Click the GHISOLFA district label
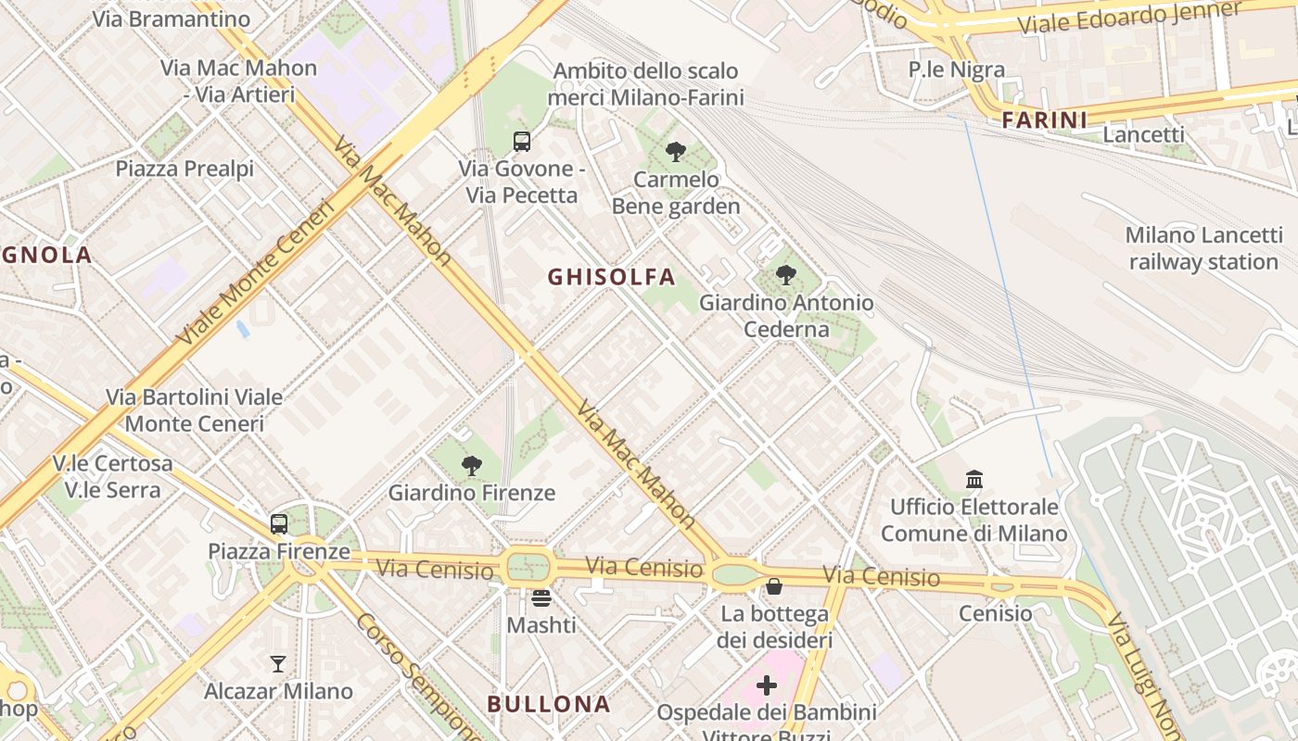click(x=611, y=277)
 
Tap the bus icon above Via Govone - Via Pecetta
click(x=522, y=142)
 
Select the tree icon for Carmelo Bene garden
click(x=676, y=151)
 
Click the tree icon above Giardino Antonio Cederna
click(x=786, y=275)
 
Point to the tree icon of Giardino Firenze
click(x=472, y=465)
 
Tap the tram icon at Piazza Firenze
click(x=279, y=524)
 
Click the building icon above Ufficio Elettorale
click(x=974, y=480)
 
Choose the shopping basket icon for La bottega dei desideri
click(x=774, y=586)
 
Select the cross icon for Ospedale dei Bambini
click(x=767, y=685)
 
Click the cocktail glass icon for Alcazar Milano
click(x=278, y=663)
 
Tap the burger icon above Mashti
click(x=541, y=597)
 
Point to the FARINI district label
click(x=1044, y=120)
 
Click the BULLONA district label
click(x=549, y=704)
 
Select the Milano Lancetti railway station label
click(x=1203, y=248)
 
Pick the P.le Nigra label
click(x=956, y=69)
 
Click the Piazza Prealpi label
click(x=185, y=169)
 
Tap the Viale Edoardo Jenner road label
click(x=1129, y=19)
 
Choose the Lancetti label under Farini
click(x=1143, y=134)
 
